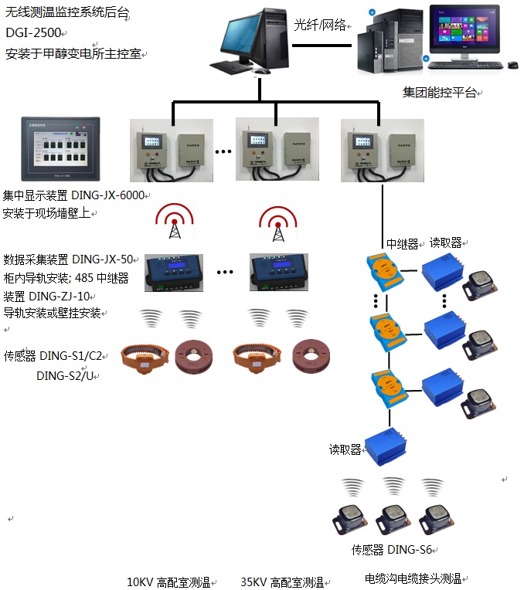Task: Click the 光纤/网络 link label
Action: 321,24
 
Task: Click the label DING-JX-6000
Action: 113,195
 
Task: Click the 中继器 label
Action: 402,243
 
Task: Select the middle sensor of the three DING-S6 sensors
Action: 391,517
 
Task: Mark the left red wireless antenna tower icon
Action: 175,222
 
